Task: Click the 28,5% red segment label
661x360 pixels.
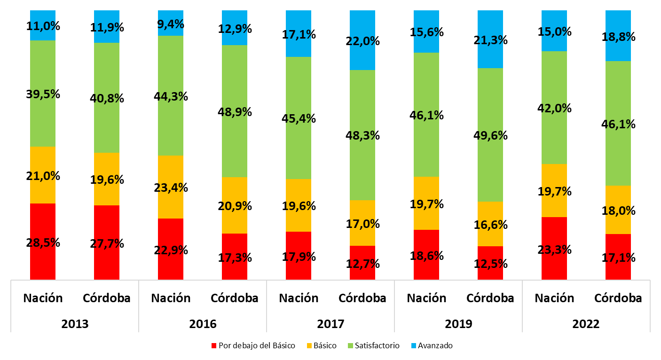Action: pyautogui.click(x=43, y=243)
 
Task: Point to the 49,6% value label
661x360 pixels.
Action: pyautogui.click(x=490, y=136)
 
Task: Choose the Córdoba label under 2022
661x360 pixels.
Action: pyautogui.click(x=618, y=298)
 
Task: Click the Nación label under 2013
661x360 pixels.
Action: pyautogui.click(x=43, y=298)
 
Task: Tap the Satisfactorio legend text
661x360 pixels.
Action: pyautogui.click(x=377, y=346)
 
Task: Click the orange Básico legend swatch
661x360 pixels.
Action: pyautogui.click(x=309, y=346)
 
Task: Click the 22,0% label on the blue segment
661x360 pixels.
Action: pyautogui.click(x=362, y=41)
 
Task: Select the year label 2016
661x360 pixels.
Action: pyautogui.click(x=203, y=324)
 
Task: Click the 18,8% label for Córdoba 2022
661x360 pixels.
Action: pyautogui.click(x=618, y=37)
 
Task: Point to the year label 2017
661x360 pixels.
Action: pyautogui.click(x=330, y=324)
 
